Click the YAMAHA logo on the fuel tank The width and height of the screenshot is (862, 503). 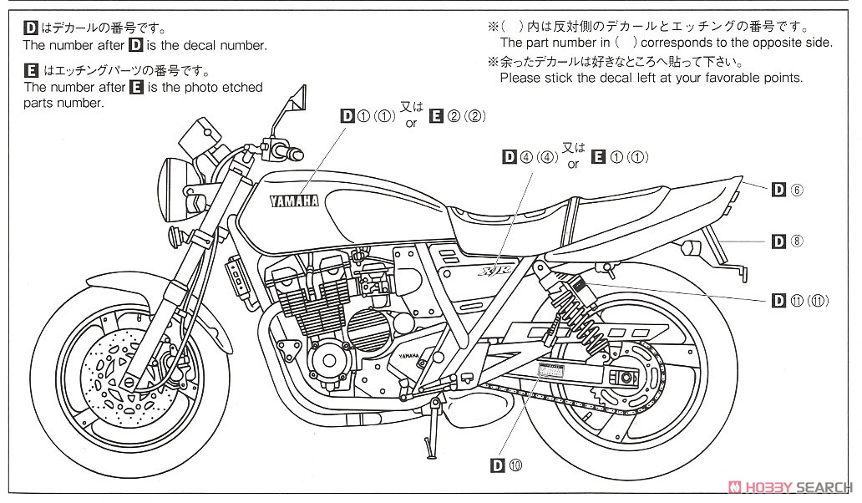(293, 201)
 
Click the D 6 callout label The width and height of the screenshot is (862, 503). (787, 191)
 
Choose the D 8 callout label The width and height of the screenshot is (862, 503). (787, 241)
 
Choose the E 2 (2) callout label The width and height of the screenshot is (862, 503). (457, 115)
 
